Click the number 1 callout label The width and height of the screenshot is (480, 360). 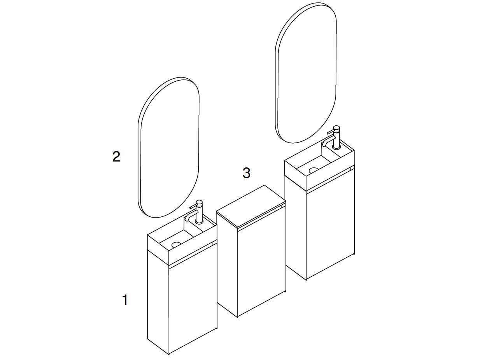click(x=125, y=300)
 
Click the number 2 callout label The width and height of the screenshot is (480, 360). click(x=116, y=157)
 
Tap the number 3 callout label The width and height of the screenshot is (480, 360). click(x=246, y=173)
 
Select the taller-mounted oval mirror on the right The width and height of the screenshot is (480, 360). click(x=306, y=73)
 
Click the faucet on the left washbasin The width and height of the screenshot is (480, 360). click(x=199, y=212)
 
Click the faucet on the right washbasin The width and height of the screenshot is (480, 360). click(x=336, y=137)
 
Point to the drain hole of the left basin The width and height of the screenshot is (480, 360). click(x=177, y=245)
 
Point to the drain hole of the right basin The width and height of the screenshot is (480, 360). click(x=314, y=170)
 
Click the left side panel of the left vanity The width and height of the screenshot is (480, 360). click(x=158, y=300)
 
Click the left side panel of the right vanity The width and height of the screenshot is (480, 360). click(x=296, y=226)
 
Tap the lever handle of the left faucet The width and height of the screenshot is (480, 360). click(x=193, y=206)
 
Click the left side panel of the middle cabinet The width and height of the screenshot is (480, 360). click(x=227, y=265)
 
